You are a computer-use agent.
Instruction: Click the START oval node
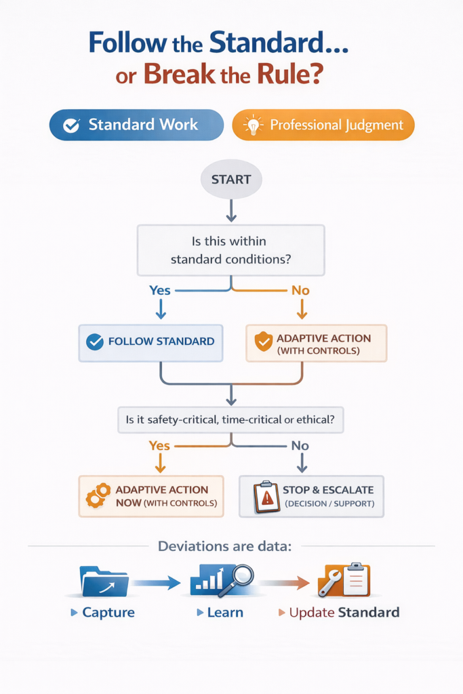point(230,180)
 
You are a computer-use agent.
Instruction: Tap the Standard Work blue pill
point(136,125)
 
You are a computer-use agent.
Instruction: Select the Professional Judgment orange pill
point(323,125)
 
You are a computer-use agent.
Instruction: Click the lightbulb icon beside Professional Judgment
point(252,125)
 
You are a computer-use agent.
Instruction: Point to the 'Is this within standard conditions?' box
point(230,250)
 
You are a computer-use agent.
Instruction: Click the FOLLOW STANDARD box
point(150,342)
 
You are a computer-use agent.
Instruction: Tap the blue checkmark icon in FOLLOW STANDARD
point(96,342)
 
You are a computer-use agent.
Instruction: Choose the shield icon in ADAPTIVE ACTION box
point(263,342)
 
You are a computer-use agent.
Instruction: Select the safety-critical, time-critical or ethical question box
point(230,420)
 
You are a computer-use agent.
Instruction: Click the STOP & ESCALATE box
point(311,496)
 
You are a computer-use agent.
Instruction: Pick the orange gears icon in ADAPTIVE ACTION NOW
point(98,497)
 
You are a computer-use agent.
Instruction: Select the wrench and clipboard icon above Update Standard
point(344,580)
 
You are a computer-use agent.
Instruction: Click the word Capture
point(108,613)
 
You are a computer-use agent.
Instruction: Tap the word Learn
point(225,613)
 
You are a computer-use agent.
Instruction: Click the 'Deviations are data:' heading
point(224,546)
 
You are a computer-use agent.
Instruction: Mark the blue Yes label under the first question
point(160,290)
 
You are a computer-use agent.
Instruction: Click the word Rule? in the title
point(294,75)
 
